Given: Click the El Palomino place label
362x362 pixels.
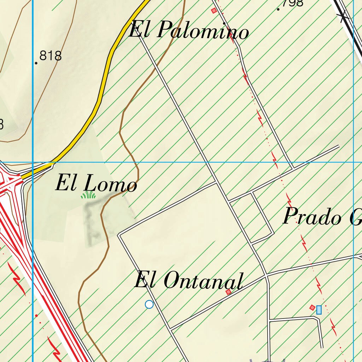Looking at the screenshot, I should click(188, 30).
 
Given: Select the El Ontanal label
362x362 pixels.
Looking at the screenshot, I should click(189, 281).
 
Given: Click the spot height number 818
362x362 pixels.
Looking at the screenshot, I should click(51, 56).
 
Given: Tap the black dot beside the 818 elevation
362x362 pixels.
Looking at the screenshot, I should click(36, 63).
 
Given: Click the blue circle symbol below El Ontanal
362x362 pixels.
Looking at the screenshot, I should click(149, 304).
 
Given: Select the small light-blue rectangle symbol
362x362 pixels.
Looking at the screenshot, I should click(319, 310).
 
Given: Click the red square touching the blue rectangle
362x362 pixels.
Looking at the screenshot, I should click(312, 308).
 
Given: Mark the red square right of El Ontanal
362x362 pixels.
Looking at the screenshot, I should click(228, 292).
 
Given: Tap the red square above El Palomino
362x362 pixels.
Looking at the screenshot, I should click(214, 11).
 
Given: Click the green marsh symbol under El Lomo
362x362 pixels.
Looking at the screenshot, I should click(88, 195).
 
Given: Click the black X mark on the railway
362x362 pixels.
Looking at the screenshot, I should click(343, 16).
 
